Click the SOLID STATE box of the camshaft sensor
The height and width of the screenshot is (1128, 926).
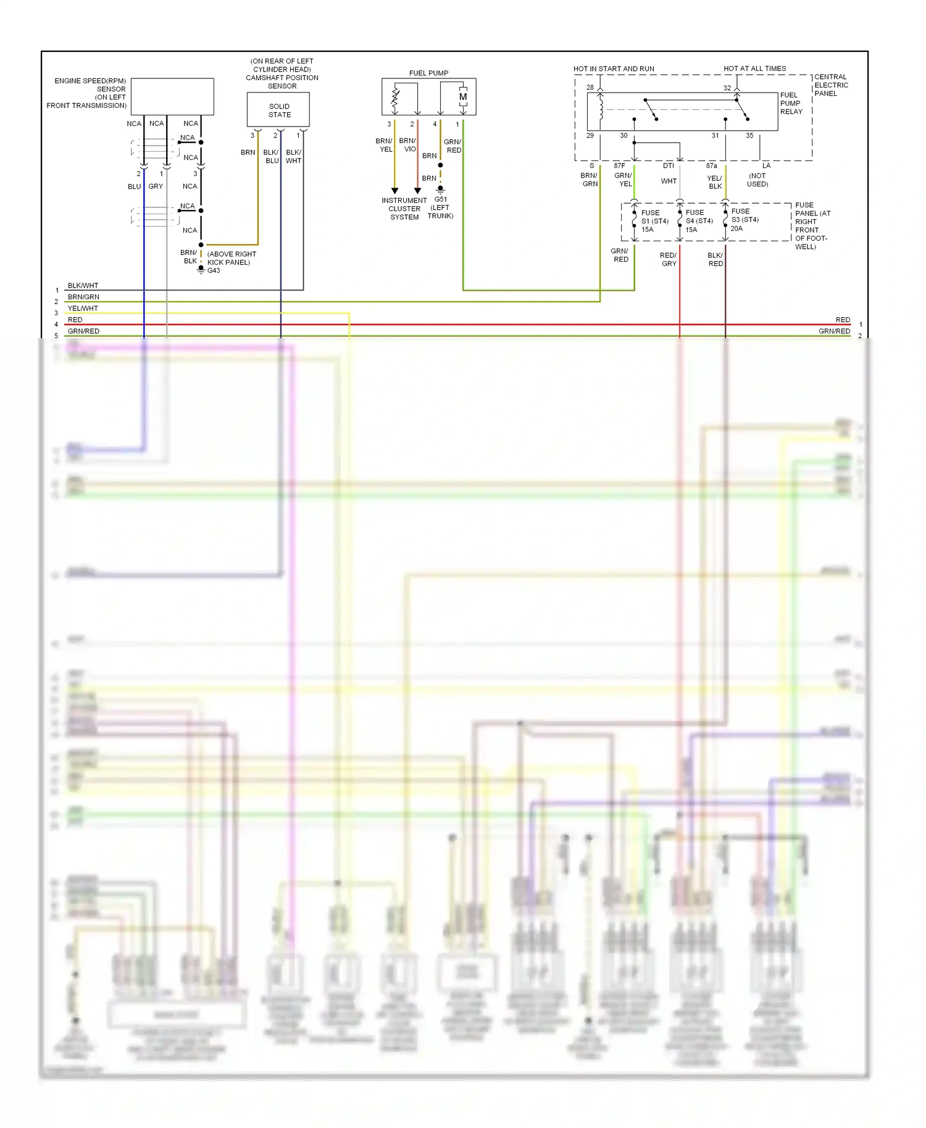(x=278, y=110)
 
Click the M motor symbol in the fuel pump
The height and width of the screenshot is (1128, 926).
(x=462, y=97)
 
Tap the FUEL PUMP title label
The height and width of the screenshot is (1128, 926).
(x=428, y=73)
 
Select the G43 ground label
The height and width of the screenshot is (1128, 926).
(x=214, y=270)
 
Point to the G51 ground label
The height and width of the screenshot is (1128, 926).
(x=440, y=199)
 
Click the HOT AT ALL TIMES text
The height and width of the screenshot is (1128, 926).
(x=754, y=68)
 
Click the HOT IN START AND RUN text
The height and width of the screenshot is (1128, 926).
(x=613, y=68)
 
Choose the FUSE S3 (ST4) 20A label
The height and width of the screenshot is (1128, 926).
(x=744, y=220)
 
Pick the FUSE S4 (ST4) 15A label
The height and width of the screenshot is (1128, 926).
(x=698, y=221)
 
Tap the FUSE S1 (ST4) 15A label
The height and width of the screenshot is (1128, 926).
(x=654, y=221)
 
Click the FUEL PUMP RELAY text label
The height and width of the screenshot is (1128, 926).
(x=791, y=103)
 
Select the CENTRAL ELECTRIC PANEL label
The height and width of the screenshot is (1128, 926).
(x=830, y=85)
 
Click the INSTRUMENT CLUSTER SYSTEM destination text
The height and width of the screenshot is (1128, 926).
(x=404, y=209)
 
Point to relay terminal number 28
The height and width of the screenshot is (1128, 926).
(x=590, y=88)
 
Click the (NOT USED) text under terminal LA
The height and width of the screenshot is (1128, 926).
(x=757, y=180)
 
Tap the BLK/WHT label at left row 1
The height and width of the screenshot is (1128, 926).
(x=83, y=286)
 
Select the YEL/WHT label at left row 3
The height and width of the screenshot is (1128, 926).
(x=83, y=309)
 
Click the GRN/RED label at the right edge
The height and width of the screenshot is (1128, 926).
(x=834, y=331)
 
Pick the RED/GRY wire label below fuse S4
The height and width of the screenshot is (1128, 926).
(x=669, y=259)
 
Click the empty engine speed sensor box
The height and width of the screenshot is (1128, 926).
(x=172, y=96)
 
